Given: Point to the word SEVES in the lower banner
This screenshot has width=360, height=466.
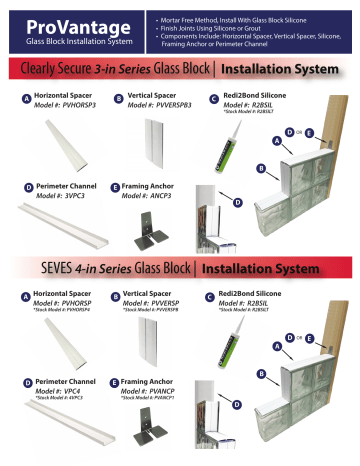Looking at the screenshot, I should pyautogui.click(x=34, y=268).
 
